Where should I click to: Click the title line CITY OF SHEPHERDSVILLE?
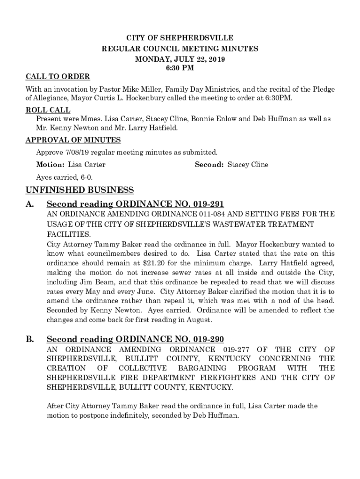tap(180, 37)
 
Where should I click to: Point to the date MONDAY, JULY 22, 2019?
tap(180, 59)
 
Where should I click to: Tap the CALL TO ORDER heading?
tap(58, 77)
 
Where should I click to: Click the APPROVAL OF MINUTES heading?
tap(73, 140)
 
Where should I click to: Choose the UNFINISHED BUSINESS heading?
tap(79, 190)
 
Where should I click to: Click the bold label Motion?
tap(50, 165)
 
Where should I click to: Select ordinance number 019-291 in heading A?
tap(205, 204)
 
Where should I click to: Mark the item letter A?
tap(29, 204)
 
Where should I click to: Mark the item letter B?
tap(29, 339)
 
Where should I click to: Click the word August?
tap(201, 320)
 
